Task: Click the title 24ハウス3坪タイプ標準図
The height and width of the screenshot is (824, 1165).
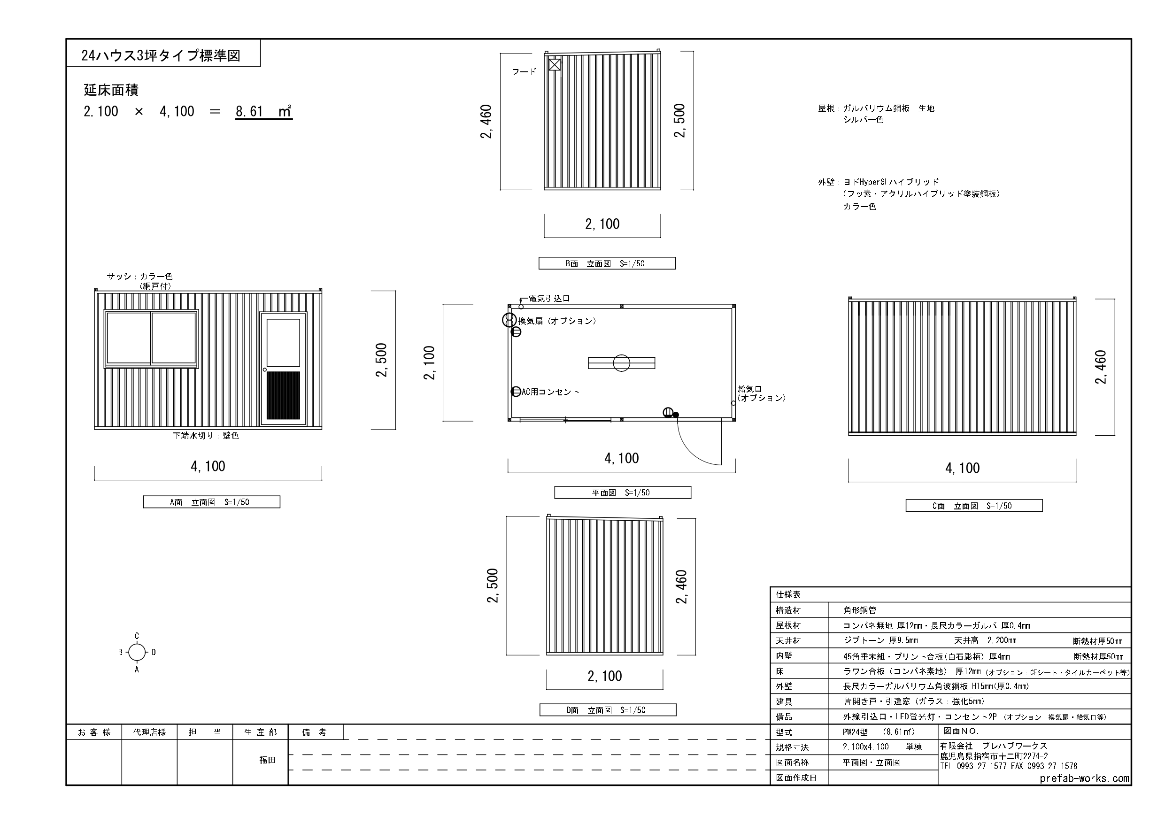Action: pyautogui.click(x=161, y=55)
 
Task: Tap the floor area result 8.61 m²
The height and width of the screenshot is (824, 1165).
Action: pyautogui.click(x=263, y=111)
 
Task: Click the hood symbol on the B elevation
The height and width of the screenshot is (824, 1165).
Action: pyautogui.click(x=555, y=65)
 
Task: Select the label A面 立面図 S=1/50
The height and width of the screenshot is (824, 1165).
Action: pyautogui.click(x=211, y=502)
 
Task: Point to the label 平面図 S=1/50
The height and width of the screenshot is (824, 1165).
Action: pyautogui.click(x=622, y=492)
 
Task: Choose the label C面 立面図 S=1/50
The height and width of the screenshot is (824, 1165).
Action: pyautogui.click(x=974, y=505)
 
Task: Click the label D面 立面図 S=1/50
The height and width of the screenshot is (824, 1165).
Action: pyautogui.click(x=607, y=710)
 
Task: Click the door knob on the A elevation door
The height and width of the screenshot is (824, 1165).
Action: pyautogui.click(x=265, y=370)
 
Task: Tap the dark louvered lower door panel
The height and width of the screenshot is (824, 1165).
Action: pyautogui.click(x=283, y=395)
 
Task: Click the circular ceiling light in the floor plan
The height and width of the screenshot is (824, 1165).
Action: pyautogui.click(x=622, y=363)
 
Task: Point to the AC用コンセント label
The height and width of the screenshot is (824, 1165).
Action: pyautogui.click(x=550, y=392)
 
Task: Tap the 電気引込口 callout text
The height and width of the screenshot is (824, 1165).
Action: pyautogui.click(x=549, y=298)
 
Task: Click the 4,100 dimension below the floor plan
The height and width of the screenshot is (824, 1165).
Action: pyautogui.click(x=622, y=458)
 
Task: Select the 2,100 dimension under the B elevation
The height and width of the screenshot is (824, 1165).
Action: pyautogui.click(x=602, y=224)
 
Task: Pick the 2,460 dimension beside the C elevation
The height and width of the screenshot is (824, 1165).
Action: pyautogui.click(x=1100, y=367)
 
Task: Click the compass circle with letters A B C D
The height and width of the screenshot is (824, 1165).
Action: pyautogui.click(x=137, y=653)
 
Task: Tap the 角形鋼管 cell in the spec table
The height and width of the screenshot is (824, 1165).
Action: pyautogui.click(x=859, y=610)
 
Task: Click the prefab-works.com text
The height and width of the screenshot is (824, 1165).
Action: pyautogui.click(x=1084, y=778)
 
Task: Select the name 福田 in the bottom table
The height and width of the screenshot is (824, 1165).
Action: pyautogui.click(x=267, y=760)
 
